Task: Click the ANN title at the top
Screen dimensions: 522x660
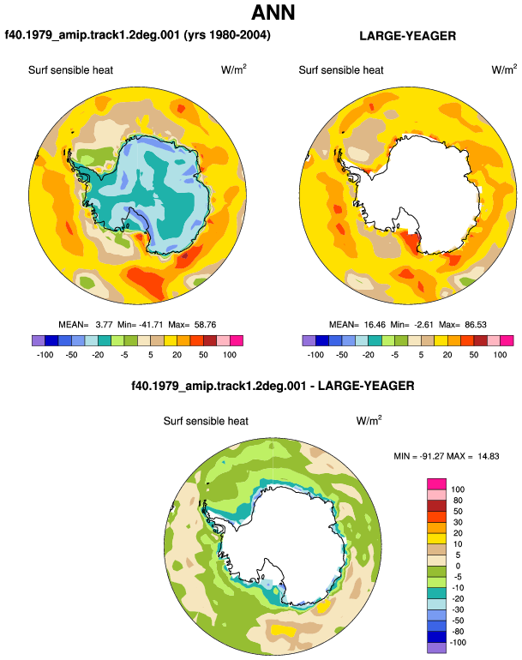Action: pos(273,12)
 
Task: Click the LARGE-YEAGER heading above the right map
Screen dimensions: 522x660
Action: pos(407,36)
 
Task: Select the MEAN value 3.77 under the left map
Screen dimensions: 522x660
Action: pos(104,325)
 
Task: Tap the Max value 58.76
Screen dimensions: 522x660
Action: pos(205,325)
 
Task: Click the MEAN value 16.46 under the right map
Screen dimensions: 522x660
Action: pos(375,325)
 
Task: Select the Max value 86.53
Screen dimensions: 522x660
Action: pos(476,325)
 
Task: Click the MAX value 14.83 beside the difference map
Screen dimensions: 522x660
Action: pos(489,456)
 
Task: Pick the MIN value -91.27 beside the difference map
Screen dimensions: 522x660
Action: pos(432,456)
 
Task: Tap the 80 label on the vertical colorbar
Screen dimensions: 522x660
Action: pos(458,500)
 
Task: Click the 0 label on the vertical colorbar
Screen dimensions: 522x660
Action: pos(458,566)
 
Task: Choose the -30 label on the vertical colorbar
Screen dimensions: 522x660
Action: pos(457,609)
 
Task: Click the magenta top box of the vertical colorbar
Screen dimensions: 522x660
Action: pos(436,483)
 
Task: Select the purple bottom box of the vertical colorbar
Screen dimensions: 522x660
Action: pos(436,648)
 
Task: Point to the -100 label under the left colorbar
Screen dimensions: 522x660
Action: pos(45,354)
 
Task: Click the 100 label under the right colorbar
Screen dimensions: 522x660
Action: pos(500,354)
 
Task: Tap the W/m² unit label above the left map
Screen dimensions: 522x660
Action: pos(234,69)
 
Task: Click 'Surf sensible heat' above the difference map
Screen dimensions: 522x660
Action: pos(206,421)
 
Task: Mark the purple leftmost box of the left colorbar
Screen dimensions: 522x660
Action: pos(39,340)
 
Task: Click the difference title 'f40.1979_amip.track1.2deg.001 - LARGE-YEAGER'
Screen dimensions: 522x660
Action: pos(273,386)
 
